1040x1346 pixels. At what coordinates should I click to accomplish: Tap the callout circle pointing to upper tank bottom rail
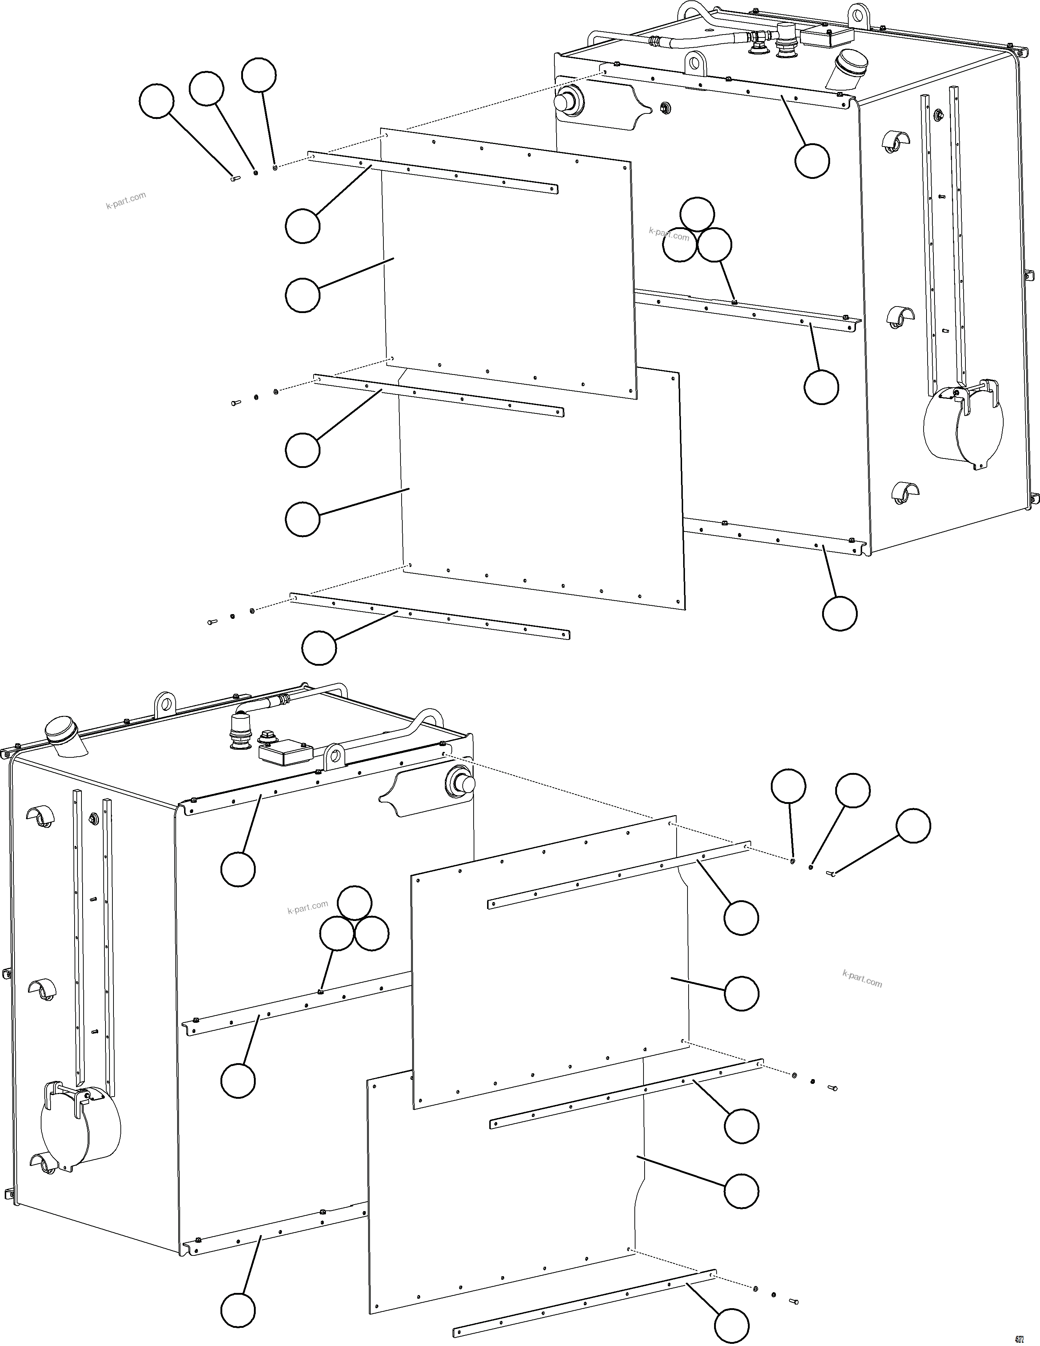point(840,613)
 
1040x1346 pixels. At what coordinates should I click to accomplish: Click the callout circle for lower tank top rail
point(238,869)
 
